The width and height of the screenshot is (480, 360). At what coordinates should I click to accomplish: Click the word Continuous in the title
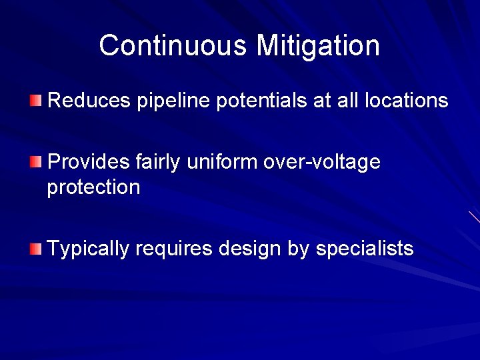pyautogui.click(x=174, y=45)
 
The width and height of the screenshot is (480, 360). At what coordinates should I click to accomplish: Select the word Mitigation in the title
pyautogui.click(x=318, y=45)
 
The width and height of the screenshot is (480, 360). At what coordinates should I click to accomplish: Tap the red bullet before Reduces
pyautogui.click(x=35, y=101)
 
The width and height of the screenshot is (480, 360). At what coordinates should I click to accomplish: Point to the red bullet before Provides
pyautogui.click(x=35, y=161)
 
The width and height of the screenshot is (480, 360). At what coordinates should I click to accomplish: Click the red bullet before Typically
pyautogui.click(x=35, y=249)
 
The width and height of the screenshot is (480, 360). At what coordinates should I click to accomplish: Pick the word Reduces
pyautogui.click(x=90, y=101)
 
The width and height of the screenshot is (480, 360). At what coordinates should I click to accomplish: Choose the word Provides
pyautogui.click(x=89, y=161)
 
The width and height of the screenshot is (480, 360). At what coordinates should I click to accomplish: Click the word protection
pyautogui.click(x=94, y=188)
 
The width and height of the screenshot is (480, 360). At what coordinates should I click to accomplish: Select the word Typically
pyautogui.click(x=89, y=249)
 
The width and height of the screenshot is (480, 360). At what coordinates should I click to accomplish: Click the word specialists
pyautogui.click(x=365, y=249)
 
